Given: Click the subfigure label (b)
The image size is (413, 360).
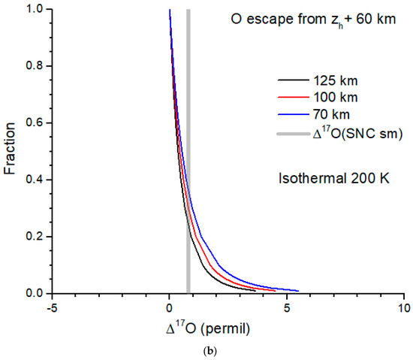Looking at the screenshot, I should tap(206, 350).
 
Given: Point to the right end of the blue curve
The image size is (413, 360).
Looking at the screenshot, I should tap(298, 291).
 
